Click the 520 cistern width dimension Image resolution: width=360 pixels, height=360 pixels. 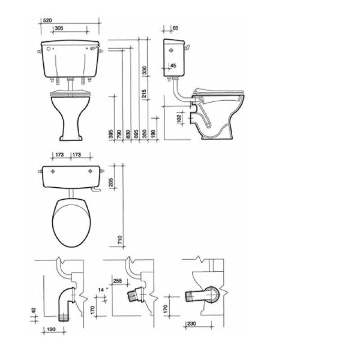tap(48, 20)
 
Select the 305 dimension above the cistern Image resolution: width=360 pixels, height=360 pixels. tap(59, 28)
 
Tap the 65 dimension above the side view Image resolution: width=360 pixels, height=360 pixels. tap(175, 28)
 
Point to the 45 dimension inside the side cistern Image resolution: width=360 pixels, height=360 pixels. tap(173, 66)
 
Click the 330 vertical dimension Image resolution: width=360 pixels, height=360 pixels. tap(144, 71)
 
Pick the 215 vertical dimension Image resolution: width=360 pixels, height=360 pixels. tap(144, 94)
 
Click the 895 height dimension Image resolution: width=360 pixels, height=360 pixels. tap(136, 134)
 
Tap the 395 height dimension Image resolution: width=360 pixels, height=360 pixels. tap(111, 134)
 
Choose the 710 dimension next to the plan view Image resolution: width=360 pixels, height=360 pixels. tap(120, 240)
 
